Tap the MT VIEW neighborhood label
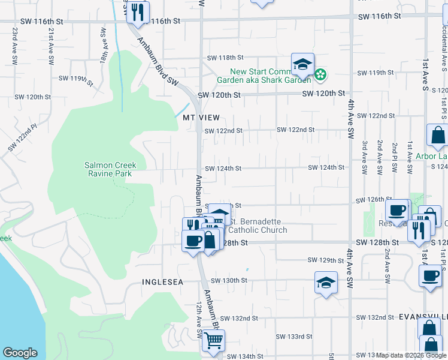pos(202,118)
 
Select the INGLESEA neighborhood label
pos(162,281)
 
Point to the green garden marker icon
pos(321,74)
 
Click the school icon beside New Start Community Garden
pos(302,65)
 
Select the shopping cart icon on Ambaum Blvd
pos(213,341)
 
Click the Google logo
pos(20,353)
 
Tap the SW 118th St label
pos(225,58)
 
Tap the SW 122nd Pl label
pos(23,137)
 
